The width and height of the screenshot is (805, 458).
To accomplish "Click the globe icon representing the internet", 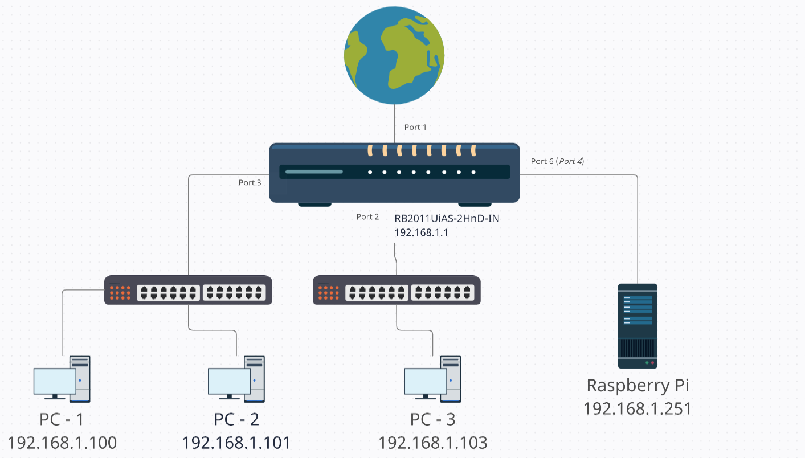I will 394,56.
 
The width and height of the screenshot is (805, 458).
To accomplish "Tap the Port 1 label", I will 415,127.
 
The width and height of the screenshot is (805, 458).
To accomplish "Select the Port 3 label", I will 250,183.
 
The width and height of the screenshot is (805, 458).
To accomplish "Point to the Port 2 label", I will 367,216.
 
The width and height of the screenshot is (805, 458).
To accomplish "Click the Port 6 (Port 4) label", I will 557,161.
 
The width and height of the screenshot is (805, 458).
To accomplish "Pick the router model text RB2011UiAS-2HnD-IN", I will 447,218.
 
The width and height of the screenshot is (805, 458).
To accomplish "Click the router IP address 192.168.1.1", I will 421,232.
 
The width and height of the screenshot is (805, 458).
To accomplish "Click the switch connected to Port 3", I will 188,290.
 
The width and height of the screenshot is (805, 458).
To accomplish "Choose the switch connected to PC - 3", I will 397,290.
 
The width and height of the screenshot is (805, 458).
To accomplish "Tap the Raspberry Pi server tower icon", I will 638,326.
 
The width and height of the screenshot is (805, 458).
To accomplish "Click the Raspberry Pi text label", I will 638,386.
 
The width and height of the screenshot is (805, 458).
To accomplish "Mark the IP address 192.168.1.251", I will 638,408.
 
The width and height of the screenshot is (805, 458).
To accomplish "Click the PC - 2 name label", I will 236,420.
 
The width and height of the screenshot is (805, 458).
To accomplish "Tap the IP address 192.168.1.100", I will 62,443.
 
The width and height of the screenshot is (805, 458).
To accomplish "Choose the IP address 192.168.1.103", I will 433,443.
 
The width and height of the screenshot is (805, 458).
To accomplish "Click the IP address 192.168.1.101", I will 236,443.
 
